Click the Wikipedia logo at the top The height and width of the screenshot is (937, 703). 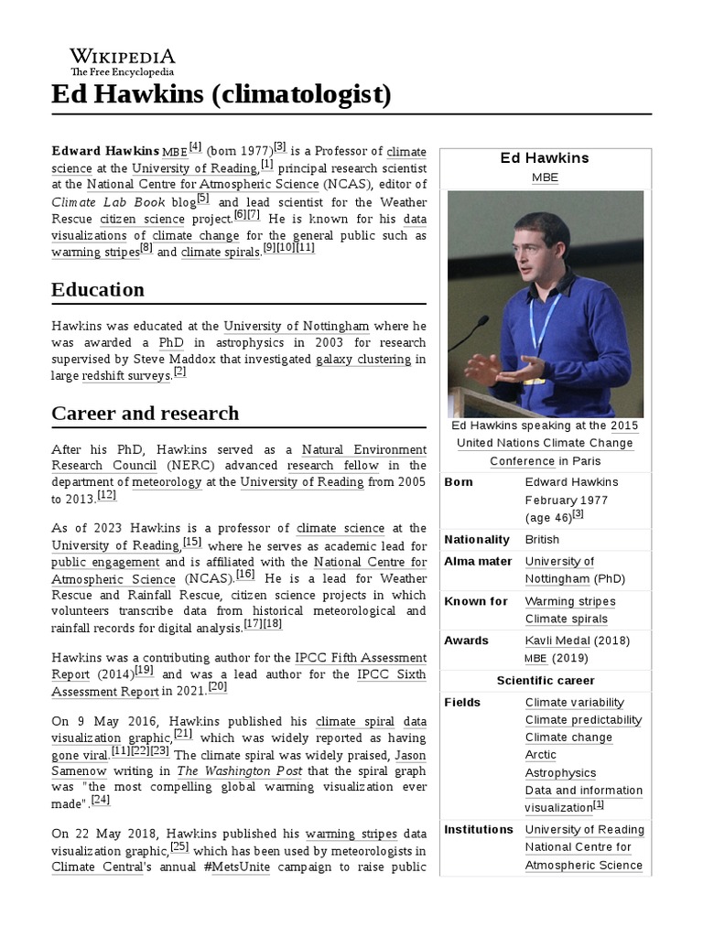[123, 61]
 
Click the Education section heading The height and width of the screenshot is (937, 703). [98, 290]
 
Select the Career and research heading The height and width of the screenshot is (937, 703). [145, 414]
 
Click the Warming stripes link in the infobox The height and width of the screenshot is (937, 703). [569, 601]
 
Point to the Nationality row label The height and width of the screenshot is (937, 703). [476, 540]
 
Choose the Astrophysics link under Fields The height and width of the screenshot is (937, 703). [560, 773]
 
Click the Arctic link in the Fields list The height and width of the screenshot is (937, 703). [540, 755]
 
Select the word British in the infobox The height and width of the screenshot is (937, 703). [542, 540]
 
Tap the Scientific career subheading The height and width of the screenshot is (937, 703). [546, 681]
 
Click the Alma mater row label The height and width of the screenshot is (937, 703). [478, 562]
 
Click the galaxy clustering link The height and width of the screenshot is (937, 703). [363, 360]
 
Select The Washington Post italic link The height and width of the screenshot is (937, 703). [226, 771]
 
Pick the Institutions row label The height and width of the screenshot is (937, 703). [478, 830]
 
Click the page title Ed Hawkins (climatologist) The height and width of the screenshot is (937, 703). [222, 93]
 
